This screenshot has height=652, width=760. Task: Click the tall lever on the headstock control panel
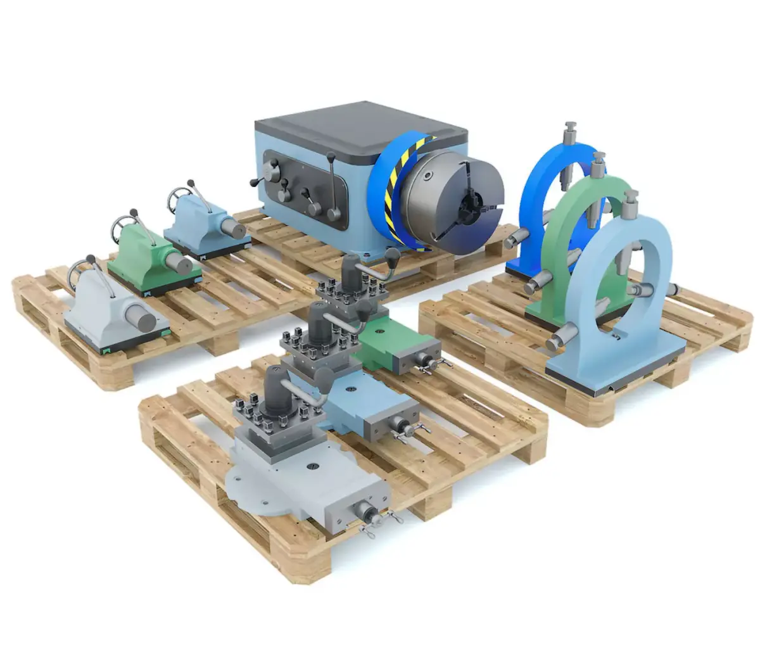332,189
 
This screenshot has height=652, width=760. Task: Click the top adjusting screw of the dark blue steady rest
569,135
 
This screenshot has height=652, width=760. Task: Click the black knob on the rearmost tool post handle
393,256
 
